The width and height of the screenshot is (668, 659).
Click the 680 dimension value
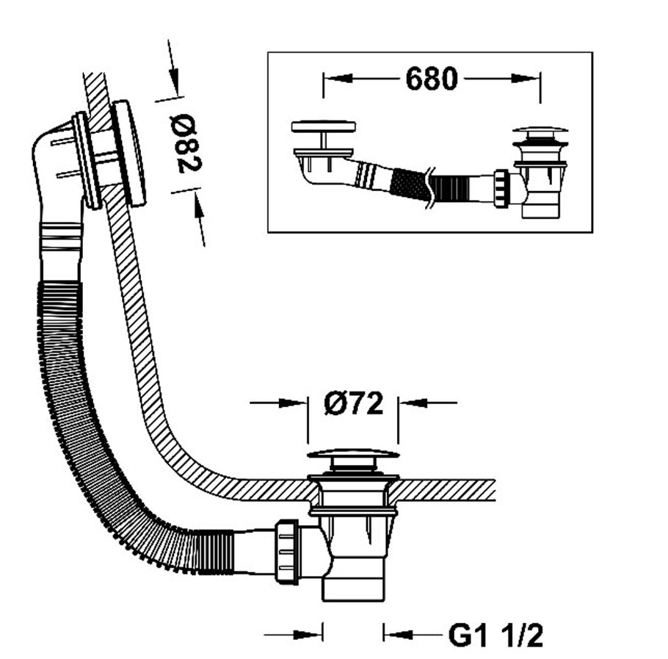point(431,79)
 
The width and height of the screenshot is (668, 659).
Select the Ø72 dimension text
point(354,403)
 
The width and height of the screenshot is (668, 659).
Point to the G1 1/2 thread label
point(496,635)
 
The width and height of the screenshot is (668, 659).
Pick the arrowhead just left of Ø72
point(293,403)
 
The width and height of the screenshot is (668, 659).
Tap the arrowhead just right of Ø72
point(413,402)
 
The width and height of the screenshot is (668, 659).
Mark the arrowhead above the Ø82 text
point(174,82)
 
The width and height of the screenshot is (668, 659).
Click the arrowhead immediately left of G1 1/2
point(397,634)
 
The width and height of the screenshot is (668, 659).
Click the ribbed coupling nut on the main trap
point(286,552)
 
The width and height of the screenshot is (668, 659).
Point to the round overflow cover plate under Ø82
point(130,153)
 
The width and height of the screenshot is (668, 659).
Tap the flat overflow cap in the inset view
point(323,126)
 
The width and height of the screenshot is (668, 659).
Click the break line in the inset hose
point(428,187)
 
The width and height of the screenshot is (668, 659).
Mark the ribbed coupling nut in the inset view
point(501,189)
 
